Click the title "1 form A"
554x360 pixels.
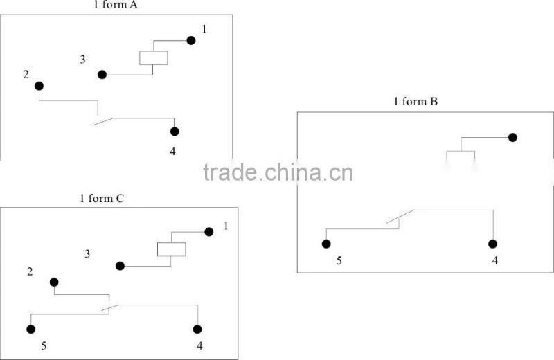pyautogui.click(x=116, y=5)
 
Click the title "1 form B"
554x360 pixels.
pyautogui.click(x=415, y=102)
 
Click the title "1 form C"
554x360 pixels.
pyautogui.click(x=102, y=199)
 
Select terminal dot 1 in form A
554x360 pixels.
pyautogui.click(x=191, y=41)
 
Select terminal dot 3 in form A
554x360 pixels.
pyautogui.click(x=102, y=75)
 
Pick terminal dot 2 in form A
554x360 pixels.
pyautogui.click(x=39, y=86)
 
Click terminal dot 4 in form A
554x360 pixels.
pyautogui.click(x=175, y=132)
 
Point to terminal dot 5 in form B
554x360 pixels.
pyautogui.click(x=326, y=244)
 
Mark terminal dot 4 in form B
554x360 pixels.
pyautogui.click(x=492, y=244)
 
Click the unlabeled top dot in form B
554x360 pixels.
pyautogui.click(x=512, y=138)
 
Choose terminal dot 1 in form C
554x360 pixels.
pyautogui.click(x=209, y=232)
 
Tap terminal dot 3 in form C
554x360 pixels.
pyautogui.click(x=120, y=266)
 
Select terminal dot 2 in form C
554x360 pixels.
pyautogui.click(x=54, y=282)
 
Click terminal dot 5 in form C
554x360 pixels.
pyautogui.click(x=30, y=330)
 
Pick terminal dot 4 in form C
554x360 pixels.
pyautogui.click(x=197, y=330)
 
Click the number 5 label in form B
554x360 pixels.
pyautogui.click(x=339, y=261)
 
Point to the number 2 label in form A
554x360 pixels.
pyautogui.click(x=26, y=75)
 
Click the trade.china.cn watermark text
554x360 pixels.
pyautogui.click(x=278, y=172)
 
